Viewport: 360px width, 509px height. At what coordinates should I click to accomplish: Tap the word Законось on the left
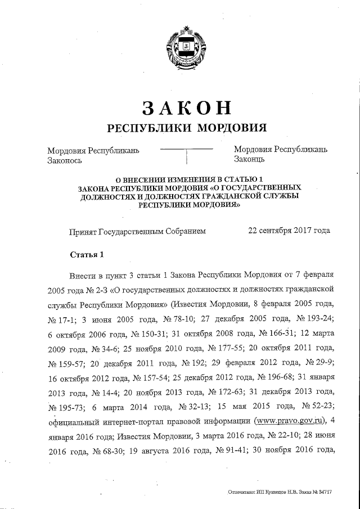tap(65, 160)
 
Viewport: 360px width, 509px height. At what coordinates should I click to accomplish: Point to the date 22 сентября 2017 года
tap(289, 231)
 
